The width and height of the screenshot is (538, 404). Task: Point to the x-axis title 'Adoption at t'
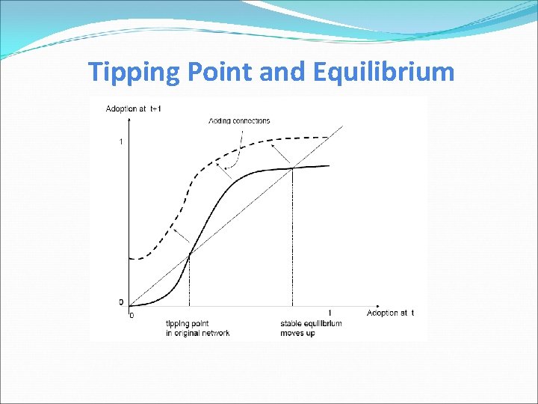[390, 313]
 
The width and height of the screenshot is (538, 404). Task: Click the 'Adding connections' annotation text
[240, 120]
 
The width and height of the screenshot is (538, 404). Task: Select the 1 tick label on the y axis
[121, 142]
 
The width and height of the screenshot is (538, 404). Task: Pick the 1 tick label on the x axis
[330, 313]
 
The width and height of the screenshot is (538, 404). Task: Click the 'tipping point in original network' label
[197, 328]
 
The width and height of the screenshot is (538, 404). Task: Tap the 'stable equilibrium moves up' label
[311, 328]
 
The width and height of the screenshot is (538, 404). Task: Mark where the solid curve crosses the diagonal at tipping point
[190, 254]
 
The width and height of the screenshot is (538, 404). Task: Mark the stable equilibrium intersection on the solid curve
[292, 168]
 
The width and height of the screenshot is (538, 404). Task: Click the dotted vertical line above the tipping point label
[190, 284]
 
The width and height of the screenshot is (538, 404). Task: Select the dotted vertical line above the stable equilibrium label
[292, 239]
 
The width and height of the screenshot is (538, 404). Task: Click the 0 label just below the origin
[132, 315]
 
